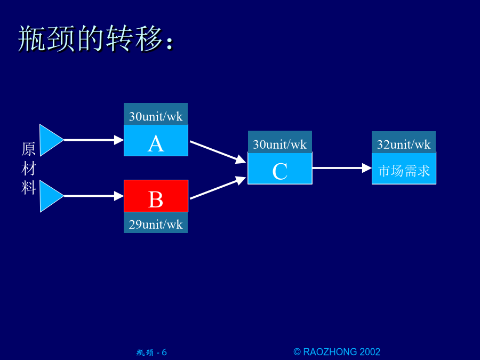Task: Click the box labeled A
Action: click(x=156, y=140)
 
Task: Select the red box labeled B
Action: click(x=156, y=196)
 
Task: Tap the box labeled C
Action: click(x=280, y=168)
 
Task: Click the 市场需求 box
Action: click(x=404, y=168)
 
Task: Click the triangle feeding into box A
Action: click(x=51, y=140)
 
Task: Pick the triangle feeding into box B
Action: click(x=51, y=196)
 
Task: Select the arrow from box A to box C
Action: click(x=218, y=152)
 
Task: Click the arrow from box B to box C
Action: click(x=218, y=188)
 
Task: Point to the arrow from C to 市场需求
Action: click(x=342, y=168)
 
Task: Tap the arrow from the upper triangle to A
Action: click(x=94, y=140)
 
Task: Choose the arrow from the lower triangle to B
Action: click(x=94, y=196)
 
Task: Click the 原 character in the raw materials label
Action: click(x=28, y=149)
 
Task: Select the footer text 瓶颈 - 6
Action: click(x=151, y=353)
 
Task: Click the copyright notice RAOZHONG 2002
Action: click(x=337, y=352)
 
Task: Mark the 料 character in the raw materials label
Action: click(x=28, y=188)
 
